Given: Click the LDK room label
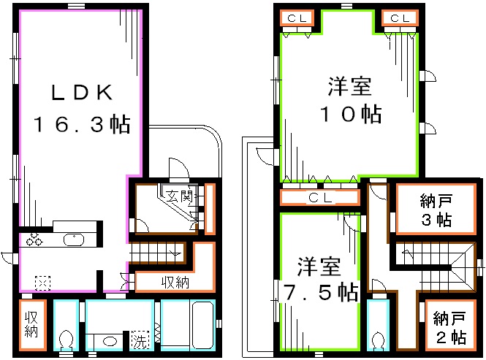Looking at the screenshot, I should (x=80, y=93).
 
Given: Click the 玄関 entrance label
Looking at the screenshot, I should (x=178, y=196).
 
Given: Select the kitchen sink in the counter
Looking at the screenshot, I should (x=74, y=240).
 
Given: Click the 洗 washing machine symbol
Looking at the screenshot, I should (x=139, y=340).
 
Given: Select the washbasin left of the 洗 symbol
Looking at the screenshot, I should (x=110, y=340).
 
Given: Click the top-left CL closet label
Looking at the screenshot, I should (x=297, y=18).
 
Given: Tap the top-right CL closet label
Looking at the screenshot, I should (x=399, y=18).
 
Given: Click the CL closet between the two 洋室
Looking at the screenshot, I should (x=319, y=197).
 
